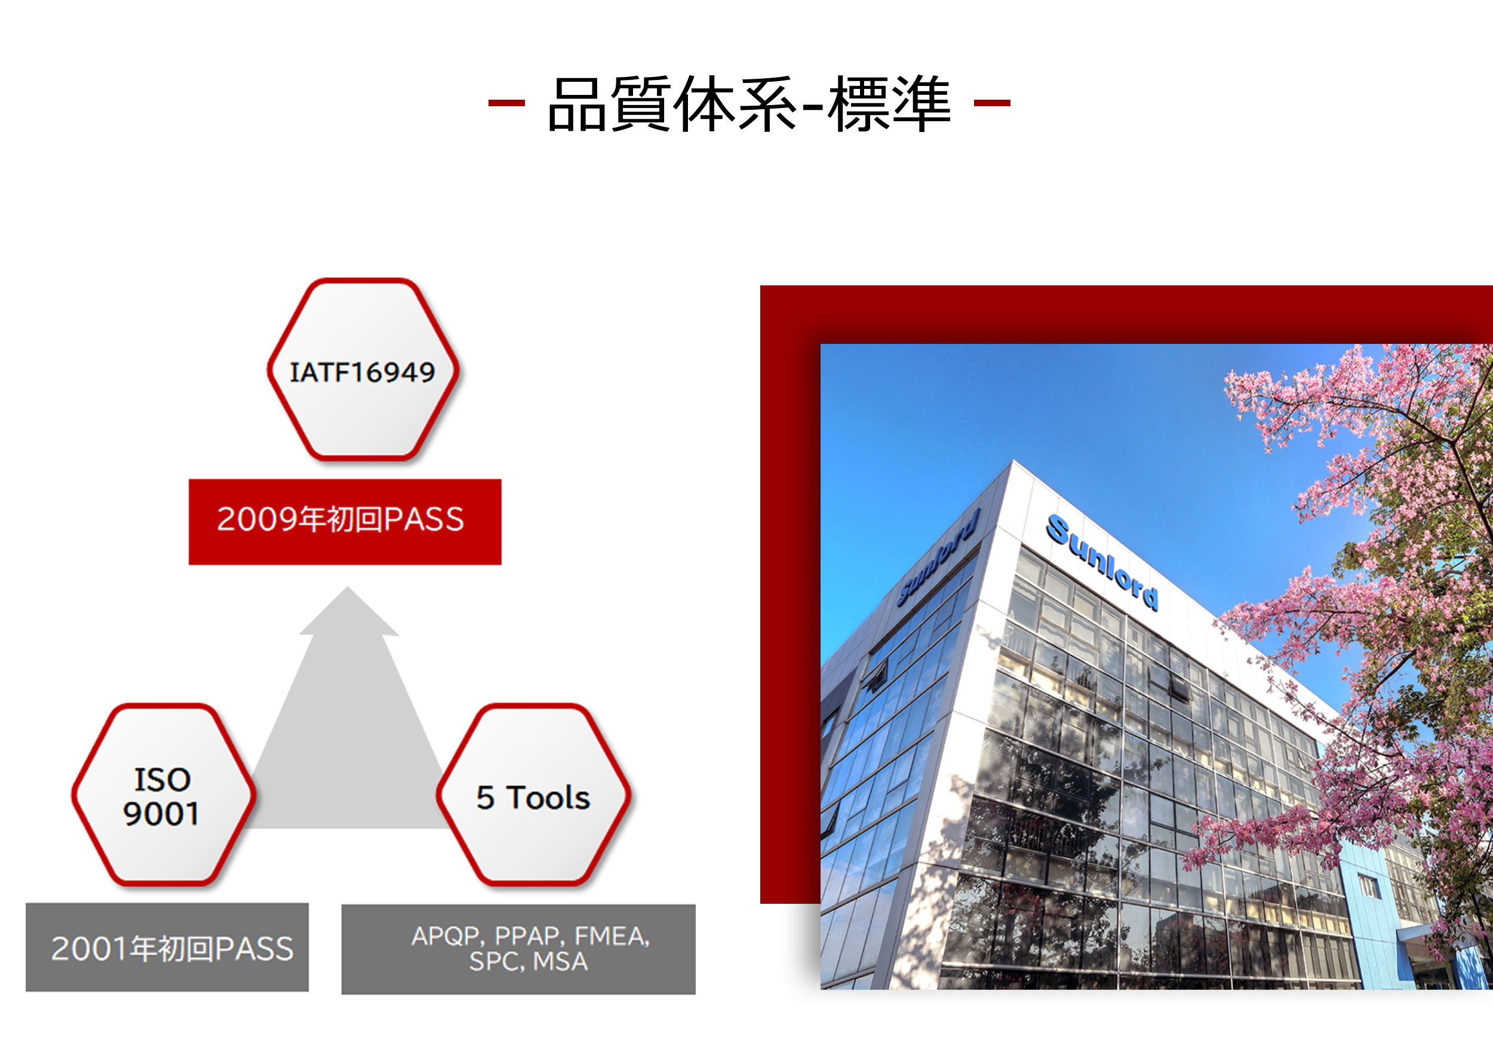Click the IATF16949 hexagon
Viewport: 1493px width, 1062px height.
pos(363,370)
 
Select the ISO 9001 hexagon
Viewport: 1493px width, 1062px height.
pos(163,795)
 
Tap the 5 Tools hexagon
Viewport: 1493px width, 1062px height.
pos(533,796)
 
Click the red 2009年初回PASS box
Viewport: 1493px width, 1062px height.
pos(345,521)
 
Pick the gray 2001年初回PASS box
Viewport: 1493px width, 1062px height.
pos(167,947)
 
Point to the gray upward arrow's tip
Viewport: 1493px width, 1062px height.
pos(348,589)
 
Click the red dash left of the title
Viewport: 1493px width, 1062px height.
pos(506,103)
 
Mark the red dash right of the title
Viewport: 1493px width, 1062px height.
pos(992,103)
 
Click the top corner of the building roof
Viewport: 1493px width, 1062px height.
pos(1013,461)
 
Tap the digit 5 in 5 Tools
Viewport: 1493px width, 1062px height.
pos(485,798)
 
